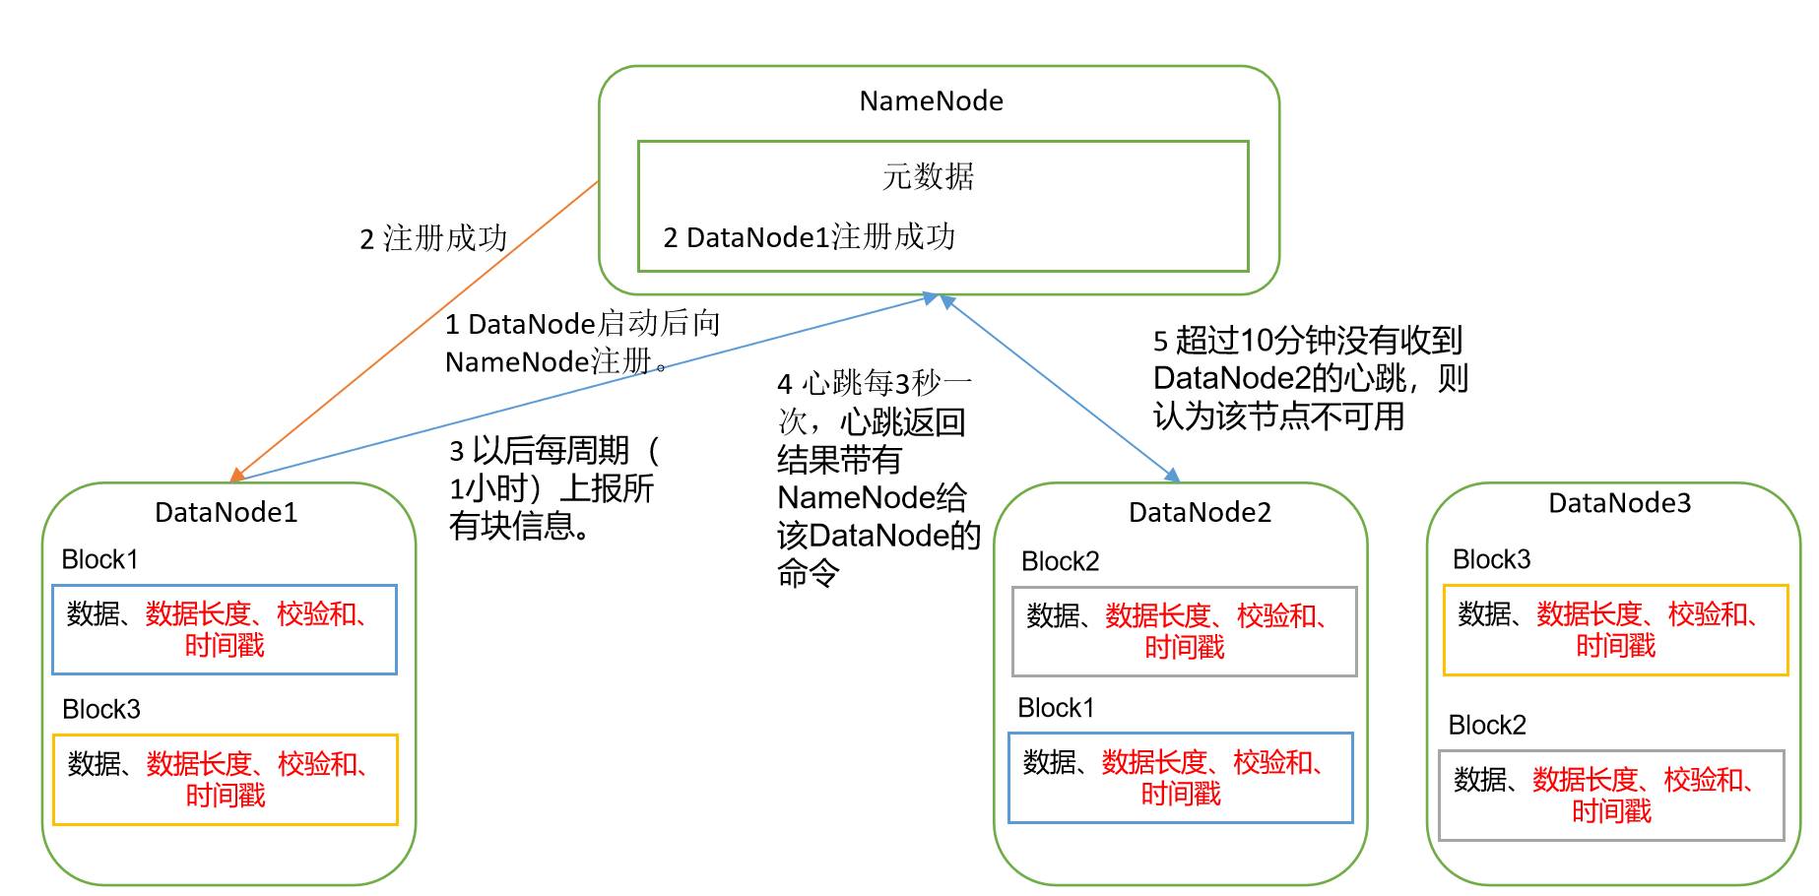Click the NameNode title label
931,101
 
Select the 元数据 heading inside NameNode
928,177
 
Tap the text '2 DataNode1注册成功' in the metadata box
809,237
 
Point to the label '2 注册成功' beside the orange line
433,238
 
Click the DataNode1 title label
226,512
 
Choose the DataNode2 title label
1200,512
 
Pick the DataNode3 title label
1619,503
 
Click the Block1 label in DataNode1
99,559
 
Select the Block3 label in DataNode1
100,709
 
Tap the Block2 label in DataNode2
1060,561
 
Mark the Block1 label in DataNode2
1056,708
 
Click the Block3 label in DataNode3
1491,559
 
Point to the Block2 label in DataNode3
1486,725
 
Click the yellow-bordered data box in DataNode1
226,779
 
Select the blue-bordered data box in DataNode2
1181,777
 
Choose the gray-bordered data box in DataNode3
1611,795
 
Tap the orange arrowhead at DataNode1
237,476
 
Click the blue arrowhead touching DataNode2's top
1172,476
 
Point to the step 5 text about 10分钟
1310,379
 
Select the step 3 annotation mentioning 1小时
553,488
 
